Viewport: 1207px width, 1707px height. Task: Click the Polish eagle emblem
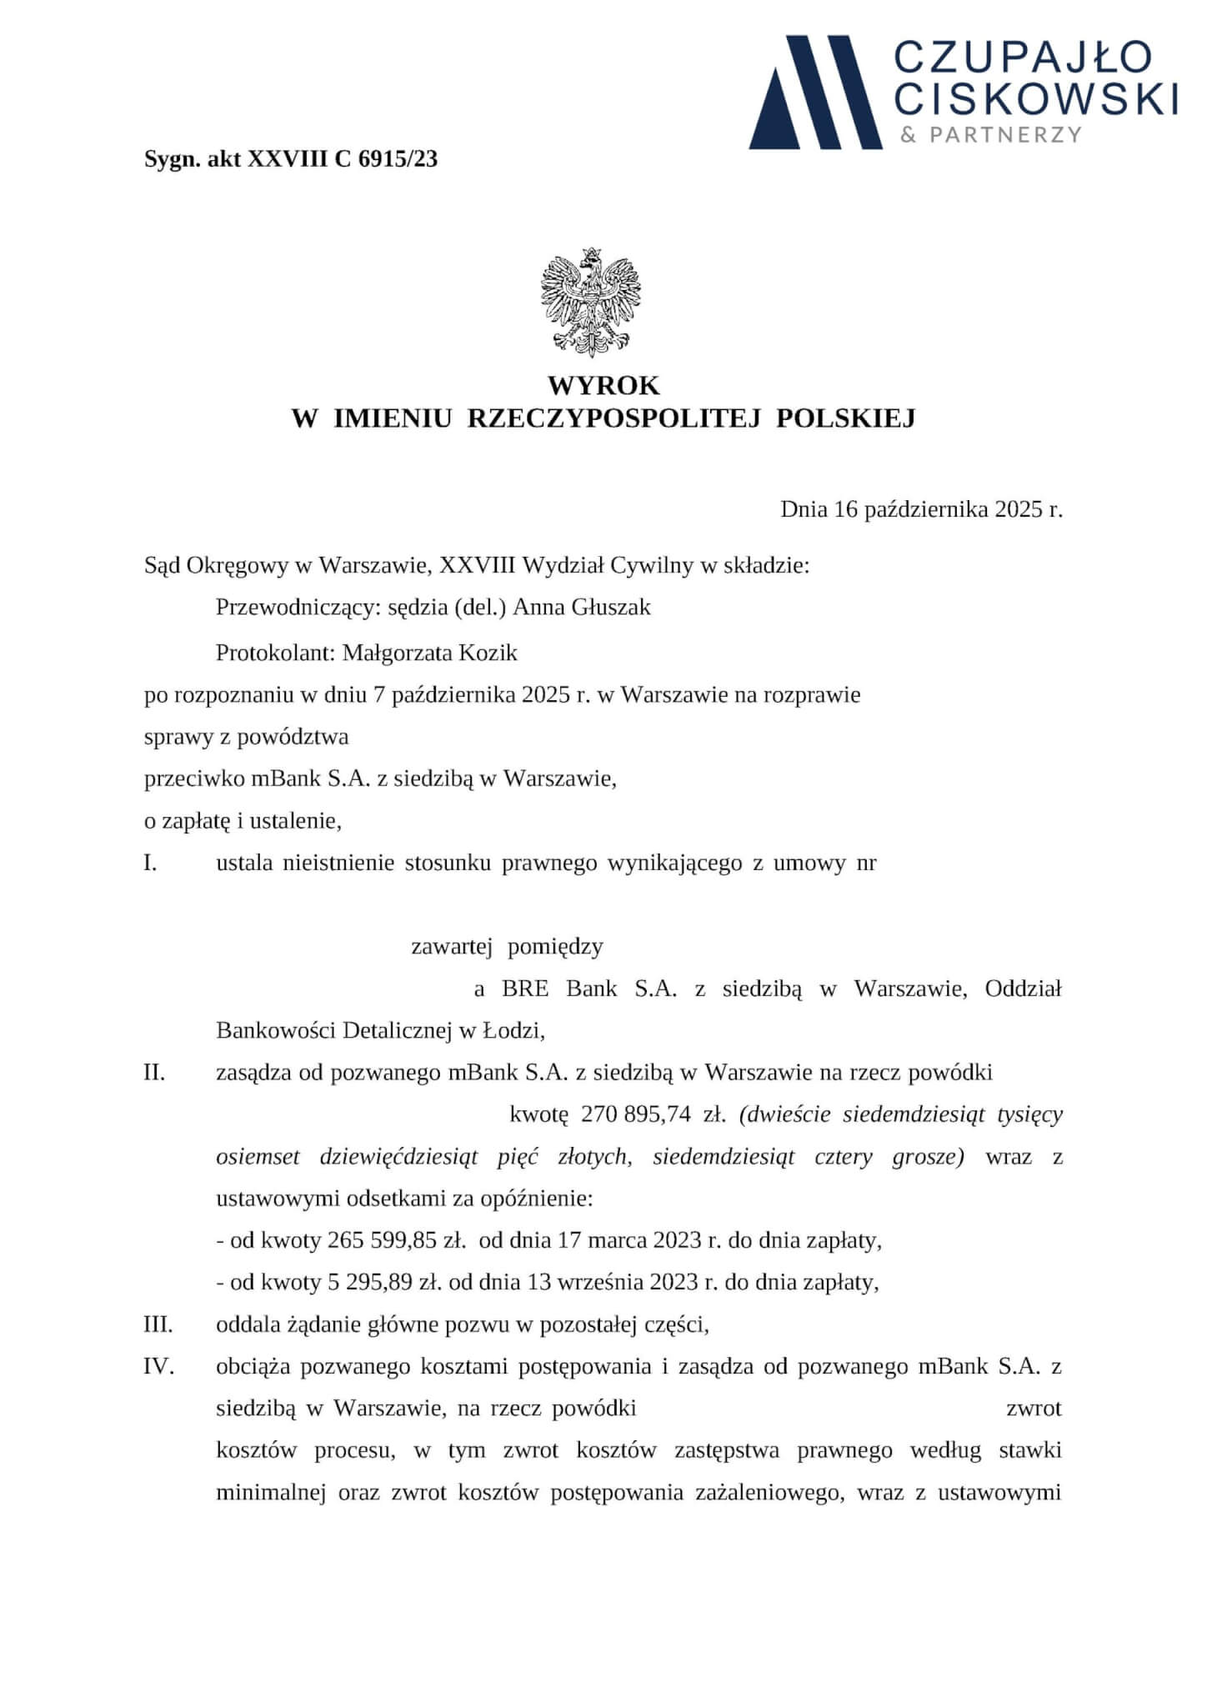592,302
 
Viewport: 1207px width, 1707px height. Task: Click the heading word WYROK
603,386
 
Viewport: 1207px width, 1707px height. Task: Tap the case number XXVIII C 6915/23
343,159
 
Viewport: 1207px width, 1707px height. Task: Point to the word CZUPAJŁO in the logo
1023,59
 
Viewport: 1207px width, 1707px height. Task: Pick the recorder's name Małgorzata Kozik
429,653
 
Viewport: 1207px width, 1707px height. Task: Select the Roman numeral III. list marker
158,1324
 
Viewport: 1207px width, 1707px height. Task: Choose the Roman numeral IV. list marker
158,1367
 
